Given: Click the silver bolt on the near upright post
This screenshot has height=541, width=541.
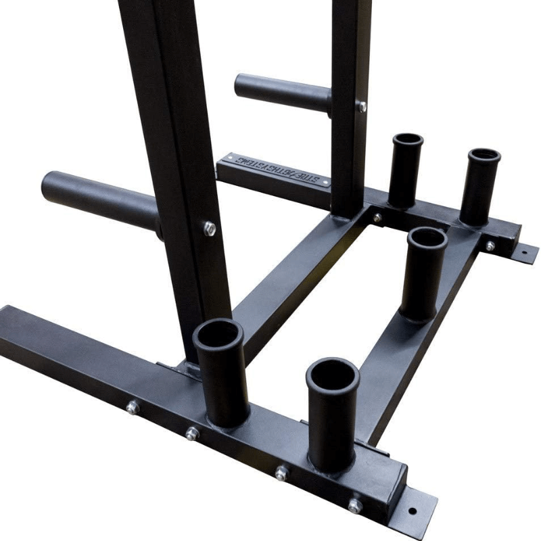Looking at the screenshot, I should coord(210,228).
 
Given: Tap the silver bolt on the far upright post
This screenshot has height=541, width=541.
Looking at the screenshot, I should coord(362,106).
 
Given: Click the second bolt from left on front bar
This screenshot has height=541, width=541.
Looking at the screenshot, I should coord(193,433).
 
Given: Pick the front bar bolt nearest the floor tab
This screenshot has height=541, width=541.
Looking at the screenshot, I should coord(354,504).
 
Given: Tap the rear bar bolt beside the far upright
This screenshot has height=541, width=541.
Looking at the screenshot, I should coord(377,218).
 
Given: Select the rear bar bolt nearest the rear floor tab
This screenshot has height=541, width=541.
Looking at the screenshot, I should coord(489,245).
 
